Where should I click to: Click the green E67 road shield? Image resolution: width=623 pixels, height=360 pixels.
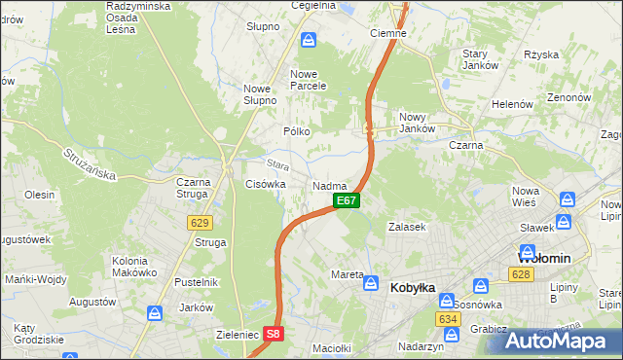(348, 200)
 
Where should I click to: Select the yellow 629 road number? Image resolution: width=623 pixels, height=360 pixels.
(200, 223)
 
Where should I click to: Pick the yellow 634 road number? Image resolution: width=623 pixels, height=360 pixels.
(448, 319)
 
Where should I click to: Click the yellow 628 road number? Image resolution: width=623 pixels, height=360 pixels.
(521, 276)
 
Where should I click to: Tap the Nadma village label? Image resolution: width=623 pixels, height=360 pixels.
(330, 185)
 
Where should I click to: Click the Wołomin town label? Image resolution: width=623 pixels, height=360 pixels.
(542, 258)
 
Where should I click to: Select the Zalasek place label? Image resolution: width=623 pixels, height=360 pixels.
(408, 226)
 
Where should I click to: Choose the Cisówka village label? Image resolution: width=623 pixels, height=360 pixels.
(266, 183)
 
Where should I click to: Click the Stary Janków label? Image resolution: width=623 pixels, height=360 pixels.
(480, 59)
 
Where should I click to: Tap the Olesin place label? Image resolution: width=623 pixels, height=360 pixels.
(40, 195)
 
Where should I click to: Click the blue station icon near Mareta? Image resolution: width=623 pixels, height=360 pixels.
(371, 282)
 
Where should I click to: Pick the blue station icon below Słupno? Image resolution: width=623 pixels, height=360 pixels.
(308, 40)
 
